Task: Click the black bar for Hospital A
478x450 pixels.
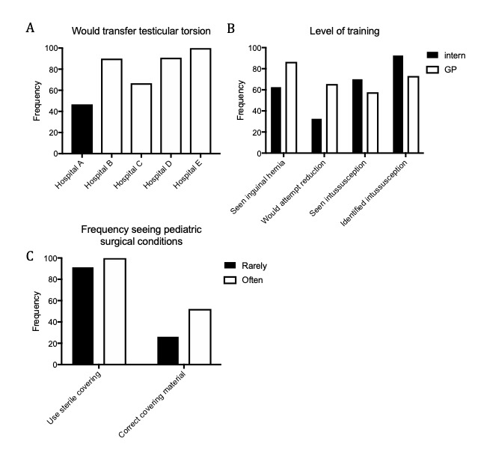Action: (x=82, y=129)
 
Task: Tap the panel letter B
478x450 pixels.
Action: (x=231, y=28)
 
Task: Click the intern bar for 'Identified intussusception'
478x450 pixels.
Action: (x=397, y=104)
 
